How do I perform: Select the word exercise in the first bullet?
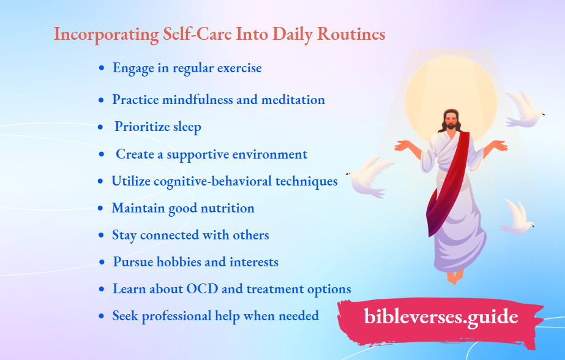click(x=233, y=68)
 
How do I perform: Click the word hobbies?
click(x=173, y=262)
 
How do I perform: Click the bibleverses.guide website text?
click(x=441, y=317)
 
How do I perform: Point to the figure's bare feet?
click(x=454, y=276)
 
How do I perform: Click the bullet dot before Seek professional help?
click(x=101, y=317)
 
